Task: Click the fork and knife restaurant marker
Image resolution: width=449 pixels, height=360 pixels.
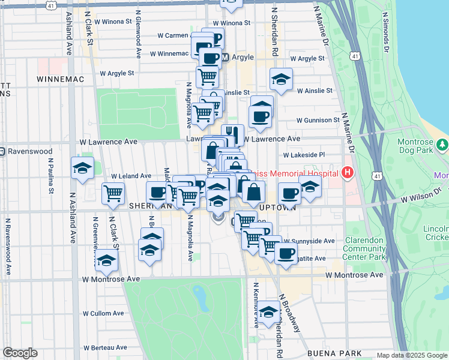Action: coord(232,134)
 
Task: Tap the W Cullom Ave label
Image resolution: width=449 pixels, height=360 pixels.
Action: coord(103,313)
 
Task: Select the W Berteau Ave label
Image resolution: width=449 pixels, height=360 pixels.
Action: coord(105,347)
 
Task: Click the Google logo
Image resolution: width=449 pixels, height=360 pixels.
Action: coord(20,353)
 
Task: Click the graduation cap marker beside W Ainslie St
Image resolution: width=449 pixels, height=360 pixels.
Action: coord(280,79)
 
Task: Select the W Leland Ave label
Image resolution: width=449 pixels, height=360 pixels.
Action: coord(130,176)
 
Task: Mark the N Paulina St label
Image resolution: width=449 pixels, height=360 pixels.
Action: coord(52,176)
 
